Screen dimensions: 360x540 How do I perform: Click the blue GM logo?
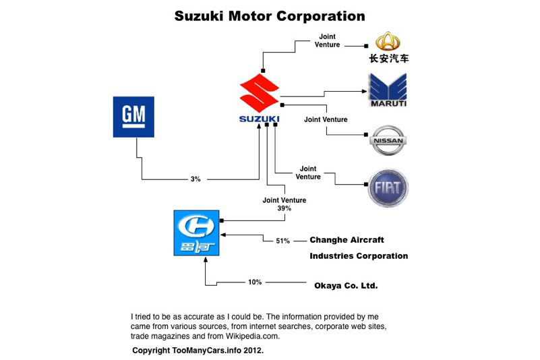click(135, 117)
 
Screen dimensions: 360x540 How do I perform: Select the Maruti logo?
click(387, 91)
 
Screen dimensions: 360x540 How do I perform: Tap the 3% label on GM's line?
click(196, 179)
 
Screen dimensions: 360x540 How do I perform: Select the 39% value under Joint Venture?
click(284, 208)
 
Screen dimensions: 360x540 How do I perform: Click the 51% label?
click(284, 240)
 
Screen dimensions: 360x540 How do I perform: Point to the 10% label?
click(255, 282)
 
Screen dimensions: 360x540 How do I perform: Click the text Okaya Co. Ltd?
click(346, 286)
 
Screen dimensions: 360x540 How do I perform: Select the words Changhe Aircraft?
click(347, 240)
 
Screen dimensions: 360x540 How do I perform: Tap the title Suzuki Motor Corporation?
click(270, 16)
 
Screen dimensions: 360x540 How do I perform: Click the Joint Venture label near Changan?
click(327, 41)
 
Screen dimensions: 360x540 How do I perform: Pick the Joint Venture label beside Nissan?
click(326, 119)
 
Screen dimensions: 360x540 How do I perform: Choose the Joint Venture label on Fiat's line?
click(308, 173)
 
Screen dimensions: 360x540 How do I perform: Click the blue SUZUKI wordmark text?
click(259, 120)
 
